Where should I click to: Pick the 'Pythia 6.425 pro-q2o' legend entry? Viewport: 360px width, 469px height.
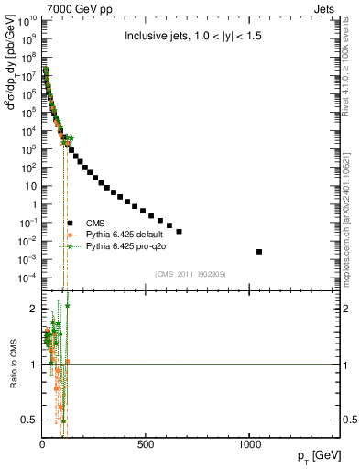tap(125, 246)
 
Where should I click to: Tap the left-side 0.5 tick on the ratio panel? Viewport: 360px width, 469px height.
tap(31, 420)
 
